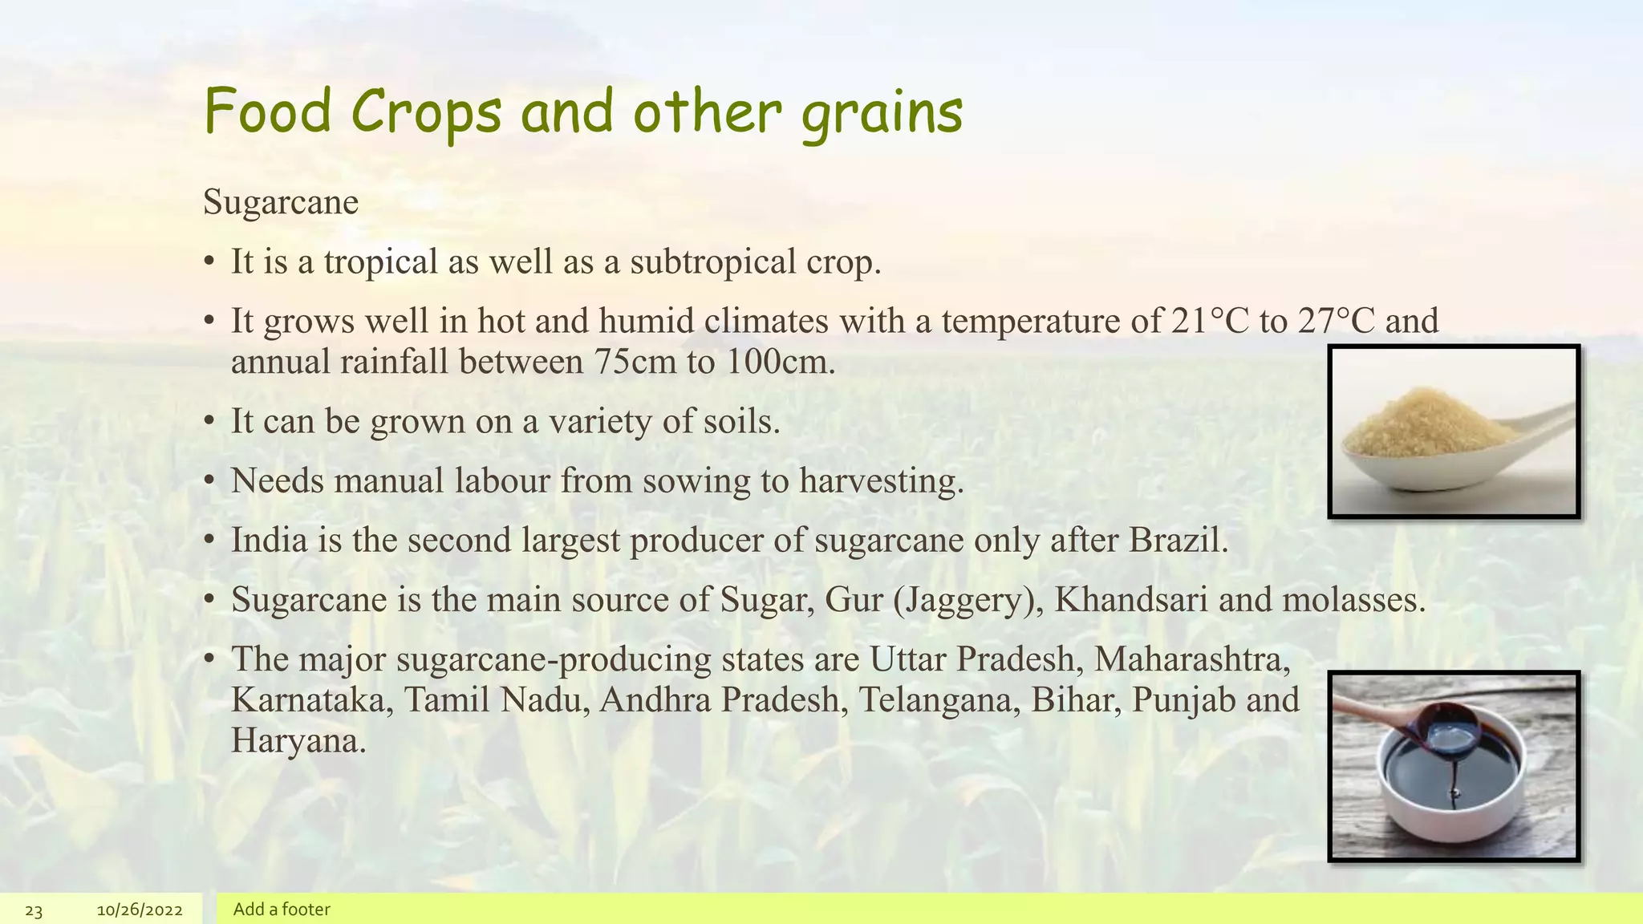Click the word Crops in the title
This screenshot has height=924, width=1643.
click(426, 112)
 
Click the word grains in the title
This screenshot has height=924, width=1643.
click(882, 114)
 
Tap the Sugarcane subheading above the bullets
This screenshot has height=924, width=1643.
click(281, 201)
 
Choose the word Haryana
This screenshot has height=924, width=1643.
click(297, 740)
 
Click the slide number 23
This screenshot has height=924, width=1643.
click(34, 910)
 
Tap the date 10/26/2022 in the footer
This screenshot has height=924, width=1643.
click(140, 910)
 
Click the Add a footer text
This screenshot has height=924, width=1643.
click(282, 910)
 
